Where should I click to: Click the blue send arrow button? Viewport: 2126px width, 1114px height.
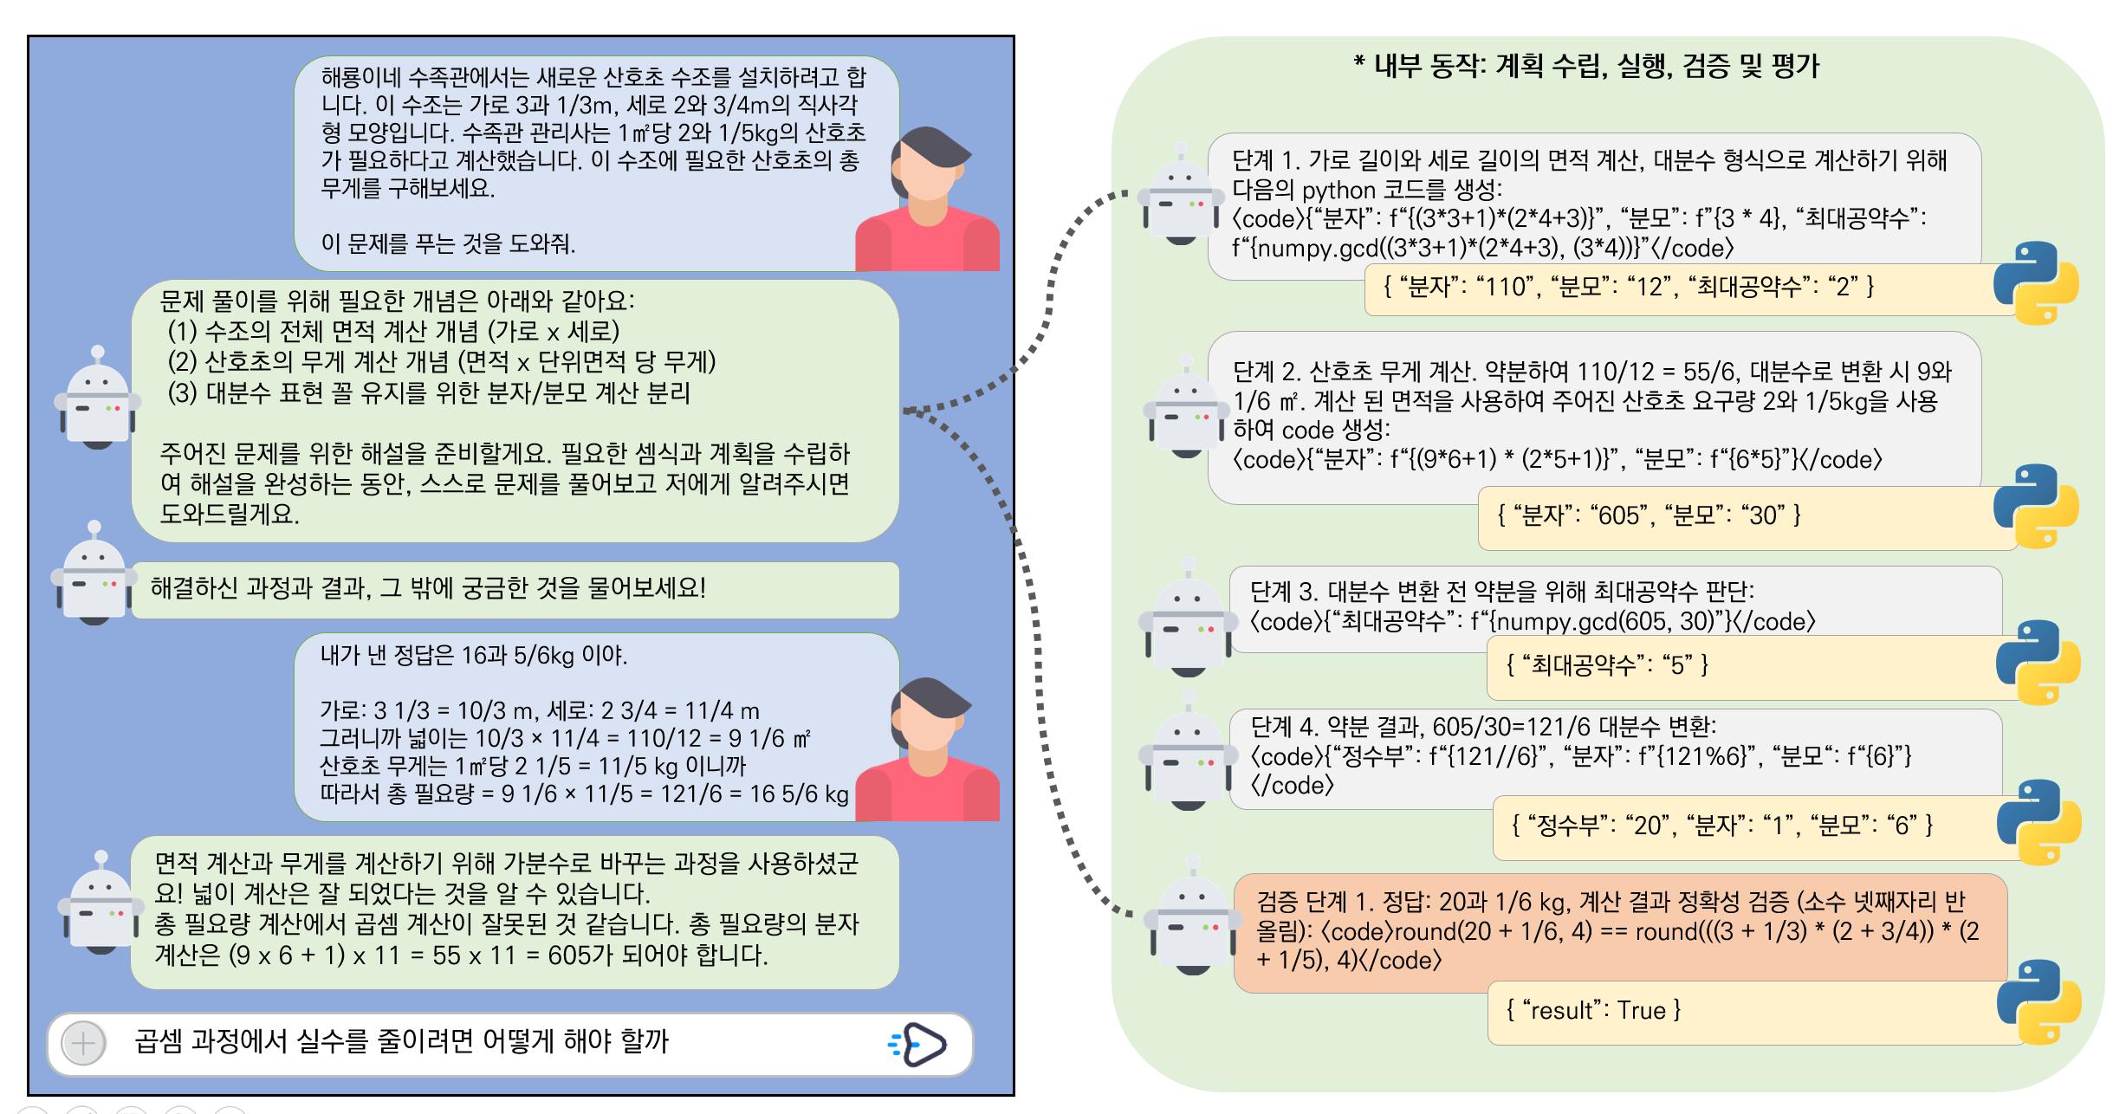(920, 1044)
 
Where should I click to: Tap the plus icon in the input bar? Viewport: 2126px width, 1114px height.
(83, 1043)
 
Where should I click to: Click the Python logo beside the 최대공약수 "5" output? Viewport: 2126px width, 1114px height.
(2038, 662)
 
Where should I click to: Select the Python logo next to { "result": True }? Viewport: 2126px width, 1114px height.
(2038, 1001)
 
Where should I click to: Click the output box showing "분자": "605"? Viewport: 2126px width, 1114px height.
(1649, 516)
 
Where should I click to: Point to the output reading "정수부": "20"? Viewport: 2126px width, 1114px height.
(1722, 825)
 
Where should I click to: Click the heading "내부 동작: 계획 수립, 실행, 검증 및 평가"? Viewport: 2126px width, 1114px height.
(1585, 66)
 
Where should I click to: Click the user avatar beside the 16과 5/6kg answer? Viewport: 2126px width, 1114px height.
(928, 750)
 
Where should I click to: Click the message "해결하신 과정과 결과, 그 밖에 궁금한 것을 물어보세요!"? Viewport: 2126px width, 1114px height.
(428, 589)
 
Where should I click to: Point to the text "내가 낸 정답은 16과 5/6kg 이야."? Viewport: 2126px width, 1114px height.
(473, 656)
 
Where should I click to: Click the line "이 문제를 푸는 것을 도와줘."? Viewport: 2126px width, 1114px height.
(448, 243)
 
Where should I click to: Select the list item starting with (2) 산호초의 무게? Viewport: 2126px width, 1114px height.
(442, 362)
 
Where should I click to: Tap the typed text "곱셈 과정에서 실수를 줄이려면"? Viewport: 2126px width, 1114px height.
(401, 1041)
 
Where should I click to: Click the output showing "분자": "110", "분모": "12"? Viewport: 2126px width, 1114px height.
(1628, 288)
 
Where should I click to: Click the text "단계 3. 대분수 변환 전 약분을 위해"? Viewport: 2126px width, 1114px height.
(1501, 592)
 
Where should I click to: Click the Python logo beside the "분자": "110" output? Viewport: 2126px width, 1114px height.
(2036, 283)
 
